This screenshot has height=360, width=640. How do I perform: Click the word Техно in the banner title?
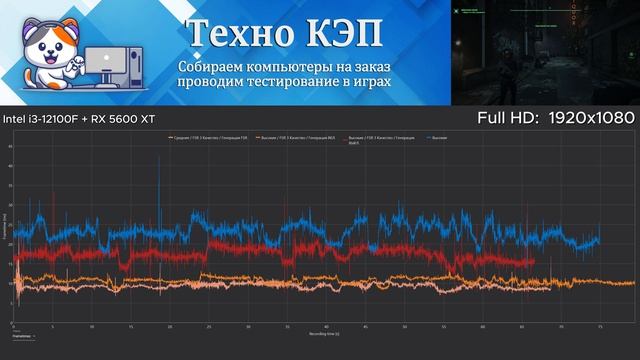pos(234,32)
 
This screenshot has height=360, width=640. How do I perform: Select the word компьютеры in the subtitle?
pos(294,66)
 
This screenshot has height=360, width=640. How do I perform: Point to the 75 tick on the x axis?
pos(599,326)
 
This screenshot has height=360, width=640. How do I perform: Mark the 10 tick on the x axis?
pos(93,326)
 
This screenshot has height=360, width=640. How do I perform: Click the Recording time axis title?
pos(323,333)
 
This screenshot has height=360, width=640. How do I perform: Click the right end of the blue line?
pos(599,241)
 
